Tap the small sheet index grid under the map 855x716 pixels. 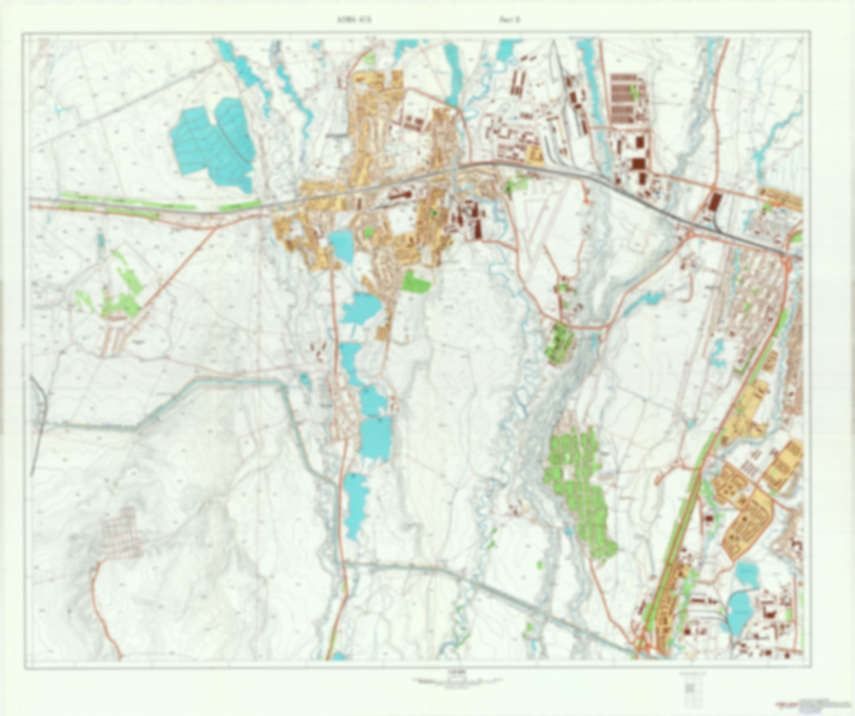(x=690, y=689)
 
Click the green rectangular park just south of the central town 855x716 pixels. (x=417, y=281)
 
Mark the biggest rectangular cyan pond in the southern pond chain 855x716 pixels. (x=376, y=438)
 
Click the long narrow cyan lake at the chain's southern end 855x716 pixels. (x=355, y=503)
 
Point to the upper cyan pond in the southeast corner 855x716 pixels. (x=747, y=574)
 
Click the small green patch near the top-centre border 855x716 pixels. (x=370, y=58)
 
